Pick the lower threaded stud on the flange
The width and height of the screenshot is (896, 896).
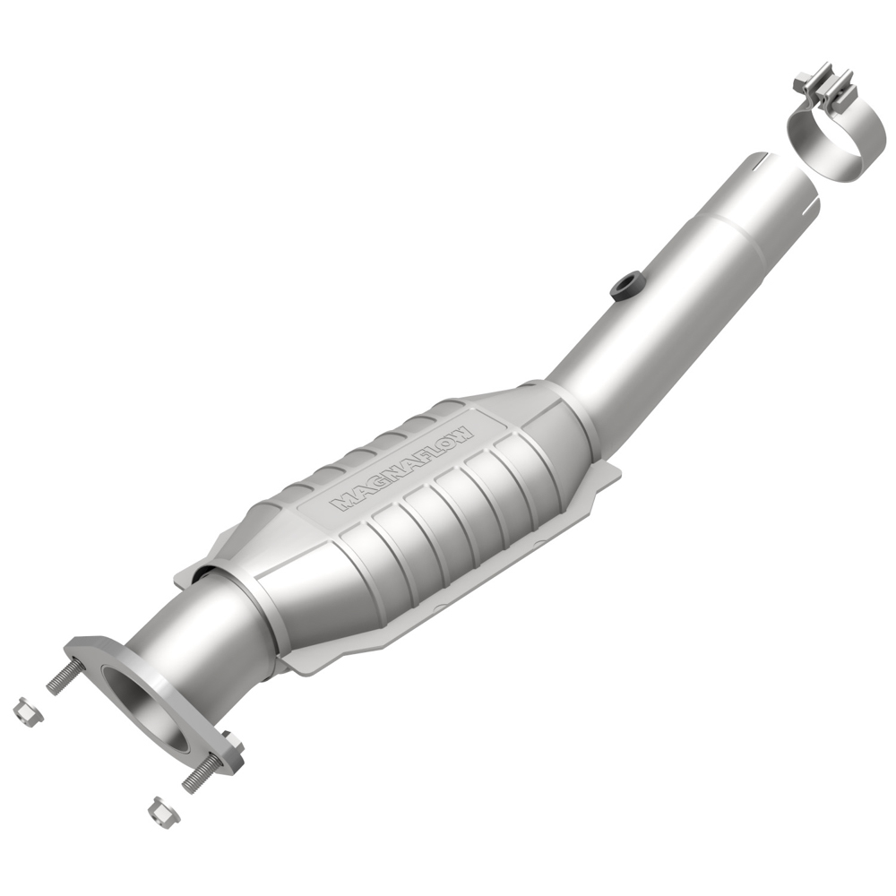tap(202, 772)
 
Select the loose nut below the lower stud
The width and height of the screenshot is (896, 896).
tap(163, 811)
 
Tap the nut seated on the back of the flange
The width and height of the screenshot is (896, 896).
tap(232, 743)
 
